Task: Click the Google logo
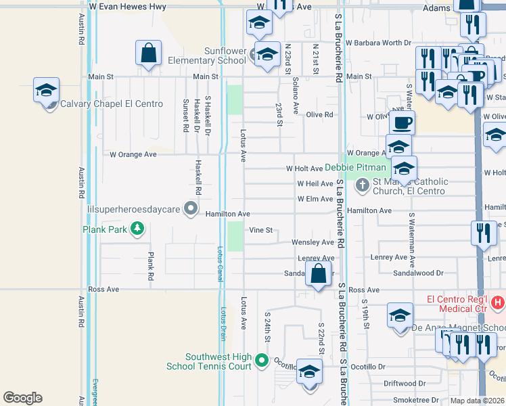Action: pos(22,398)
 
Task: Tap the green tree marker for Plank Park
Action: pos(137,229)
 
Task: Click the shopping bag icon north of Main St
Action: pos(148,53)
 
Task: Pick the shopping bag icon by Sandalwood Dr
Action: pos(317,275)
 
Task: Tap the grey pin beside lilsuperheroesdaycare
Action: pos(191,209)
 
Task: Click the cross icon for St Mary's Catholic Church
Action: pos(362,183)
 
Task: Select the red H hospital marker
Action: pos(498,300)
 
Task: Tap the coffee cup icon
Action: pos(402,123)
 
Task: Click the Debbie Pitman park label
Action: pos(355,167)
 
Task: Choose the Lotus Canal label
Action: pos(220,260)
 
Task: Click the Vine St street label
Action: pos(260,230)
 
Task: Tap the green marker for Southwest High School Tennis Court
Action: pos(262,362)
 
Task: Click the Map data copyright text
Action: pos(478,401)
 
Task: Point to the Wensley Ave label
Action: pos(313,242)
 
